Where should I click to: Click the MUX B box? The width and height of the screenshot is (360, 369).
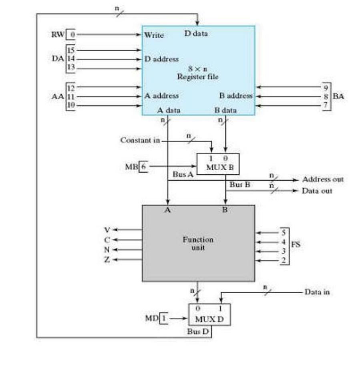coord(218,164)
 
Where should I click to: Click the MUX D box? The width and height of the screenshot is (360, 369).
coord(209,315)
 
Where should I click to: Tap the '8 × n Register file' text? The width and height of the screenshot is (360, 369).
coord(198,73)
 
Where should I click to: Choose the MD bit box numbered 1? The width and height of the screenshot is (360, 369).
coord(163,319)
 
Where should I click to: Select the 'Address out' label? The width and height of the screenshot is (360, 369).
coord(323,179)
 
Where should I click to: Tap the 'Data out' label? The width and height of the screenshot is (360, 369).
coord(317,191)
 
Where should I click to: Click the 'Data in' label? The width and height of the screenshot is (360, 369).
coord(317,292)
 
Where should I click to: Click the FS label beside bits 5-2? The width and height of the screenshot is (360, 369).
coord(296,245)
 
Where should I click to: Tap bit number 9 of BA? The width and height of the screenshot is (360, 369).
coord(326,87)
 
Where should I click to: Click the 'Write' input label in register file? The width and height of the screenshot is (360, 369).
coord(154,35)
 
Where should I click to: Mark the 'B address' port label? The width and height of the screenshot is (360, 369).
coord(236,96)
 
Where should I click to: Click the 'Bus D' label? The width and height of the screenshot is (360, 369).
coord(199,332)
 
